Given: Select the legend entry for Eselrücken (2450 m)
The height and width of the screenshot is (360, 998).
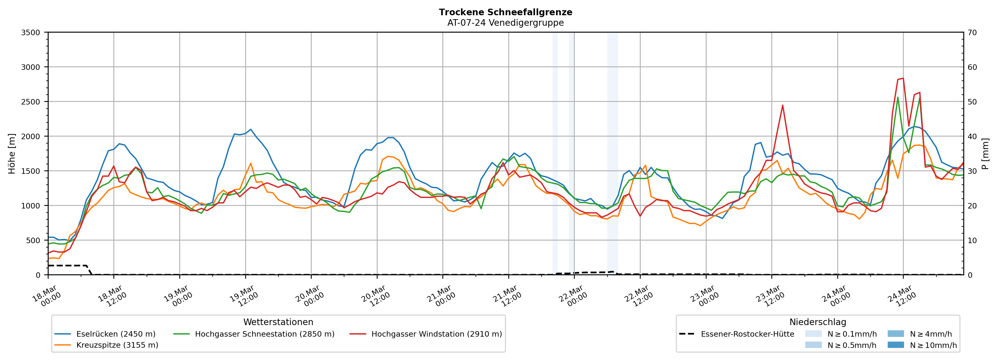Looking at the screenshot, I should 116,334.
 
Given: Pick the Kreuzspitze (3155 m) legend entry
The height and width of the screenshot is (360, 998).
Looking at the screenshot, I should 117,345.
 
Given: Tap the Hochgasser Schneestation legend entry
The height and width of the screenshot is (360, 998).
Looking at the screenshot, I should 264,334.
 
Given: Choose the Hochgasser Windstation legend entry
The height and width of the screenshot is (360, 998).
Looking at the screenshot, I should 436,334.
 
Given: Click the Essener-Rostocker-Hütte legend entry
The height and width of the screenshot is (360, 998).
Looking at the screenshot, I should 747,334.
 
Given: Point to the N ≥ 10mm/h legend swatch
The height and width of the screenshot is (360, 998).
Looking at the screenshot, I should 895,345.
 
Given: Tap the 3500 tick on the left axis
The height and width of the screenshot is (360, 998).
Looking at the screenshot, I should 31,33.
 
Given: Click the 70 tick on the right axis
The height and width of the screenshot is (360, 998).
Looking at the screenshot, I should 972,33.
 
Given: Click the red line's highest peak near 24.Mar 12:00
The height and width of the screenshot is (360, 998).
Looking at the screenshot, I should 903,78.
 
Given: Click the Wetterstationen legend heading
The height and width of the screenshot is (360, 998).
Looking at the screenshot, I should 278,322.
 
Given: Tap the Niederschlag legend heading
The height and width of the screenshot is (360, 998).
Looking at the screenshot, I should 817,322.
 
